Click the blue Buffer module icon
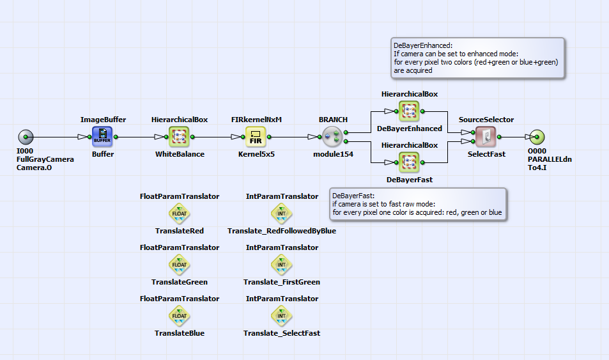pyautogui.click(x=102, y=137)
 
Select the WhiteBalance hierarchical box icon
pyautogui.click(x=180, y=137)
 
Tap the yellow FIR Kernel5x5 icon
pyautogui.click(x=256, y=137)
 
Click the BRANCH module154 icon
pyautogui.click(x=332, y=137)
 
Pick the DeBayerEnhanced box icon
pyautogui.click(x=409, y=111)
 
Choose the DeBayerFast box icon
pyautogui.click(x=409, y=162)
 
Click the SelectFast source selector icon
pyautogui.click(x=486, y=137)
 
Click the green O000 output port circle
pyautogui.click(x=537, y=137)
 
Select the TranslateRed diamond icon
pyautogui.click(x=180, y=213)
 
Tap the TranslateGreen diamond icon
pyautogui.click(x=180, y=264)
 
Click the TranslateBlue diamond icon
pyautogui.click(x=180, y=315)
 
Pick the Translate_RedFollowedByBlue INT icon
pyautogui.click(x=282, y=213)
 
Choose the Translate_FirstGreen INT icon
pyautogui.click(x=282, y=264)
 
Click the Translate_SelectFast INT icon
pyautogui.click(x=282, y=315)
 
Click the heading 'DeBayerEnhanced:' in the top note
pyautogui.click(x=423, y=45)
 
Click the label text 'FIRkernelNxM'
pyautogui.click(x=256, y=120)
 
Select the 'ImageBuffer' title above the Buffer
pyautogui.click(x=103, y=120)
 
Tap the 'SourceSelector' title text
pyautogui.click(x=486, y=120)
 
